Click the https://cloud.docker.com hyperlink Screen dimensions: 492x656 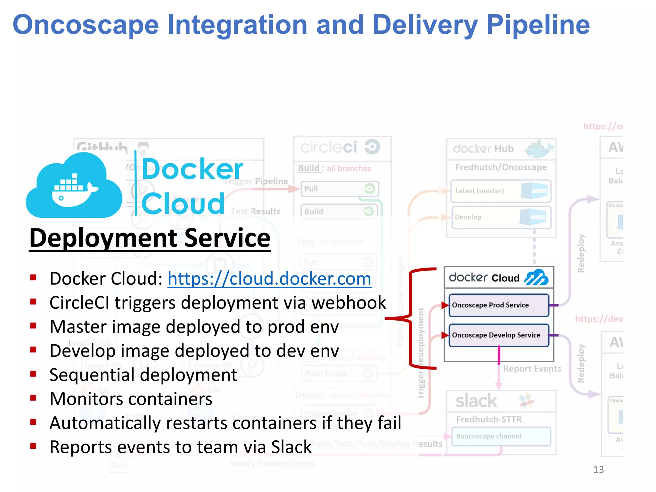pos(269,278)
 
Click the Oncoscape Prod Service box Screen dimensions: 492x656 pos(498,305)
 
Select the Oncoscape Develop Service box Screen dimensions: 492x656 pos(498,335)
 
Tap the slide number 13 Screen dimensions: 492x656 pos(598,470)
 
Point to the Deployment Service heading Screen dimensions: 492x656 pos(150,238)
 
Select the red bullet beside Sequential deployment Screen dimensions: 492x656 pos(33,374)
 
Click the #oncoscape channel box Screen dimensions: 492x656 pos(501,436)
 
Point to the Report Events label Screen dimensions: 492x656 pos(532,369)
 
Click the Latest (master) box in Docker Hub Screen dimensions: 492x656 pos(500,191)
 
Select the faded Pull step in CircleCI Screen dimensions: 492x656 pos(339,189)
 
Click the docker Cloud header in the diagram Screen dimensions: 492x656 pos(498,278)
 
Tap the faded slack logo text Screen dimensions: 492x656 pos(476,401)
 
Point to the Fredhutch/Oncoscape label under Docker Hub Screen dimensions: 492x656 pos(501,167)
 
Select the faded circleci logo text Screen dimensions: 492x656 pos(329,147)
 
